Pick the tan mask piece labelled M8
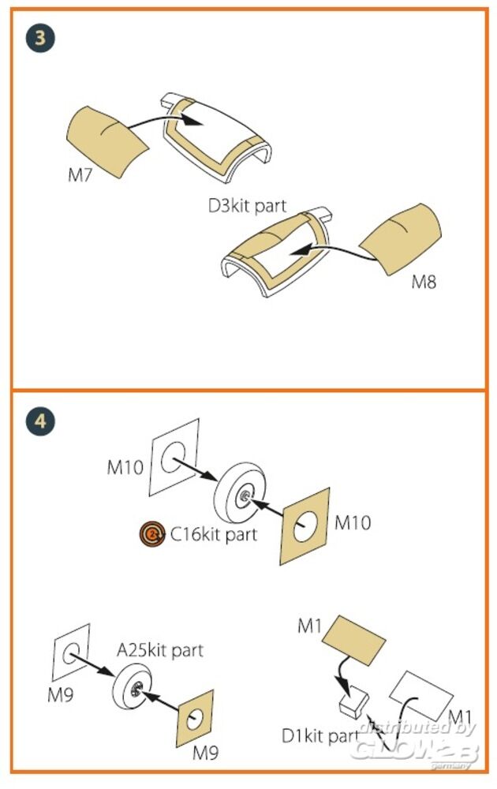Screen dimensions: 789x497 tap(402, 236)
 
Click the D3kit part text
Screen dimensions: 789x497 tap(247, 208)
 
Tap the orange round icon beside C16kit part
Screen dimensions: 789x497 tap(149, 535)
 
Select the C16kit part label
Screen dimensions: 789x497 tap(214, 535)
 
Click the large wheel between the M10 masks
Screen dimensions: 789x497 tap(240, 494)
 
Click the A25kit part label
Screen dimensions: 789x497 tap(160, 650)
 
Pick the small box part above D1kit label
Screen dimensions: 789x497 tap(351, 697)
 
